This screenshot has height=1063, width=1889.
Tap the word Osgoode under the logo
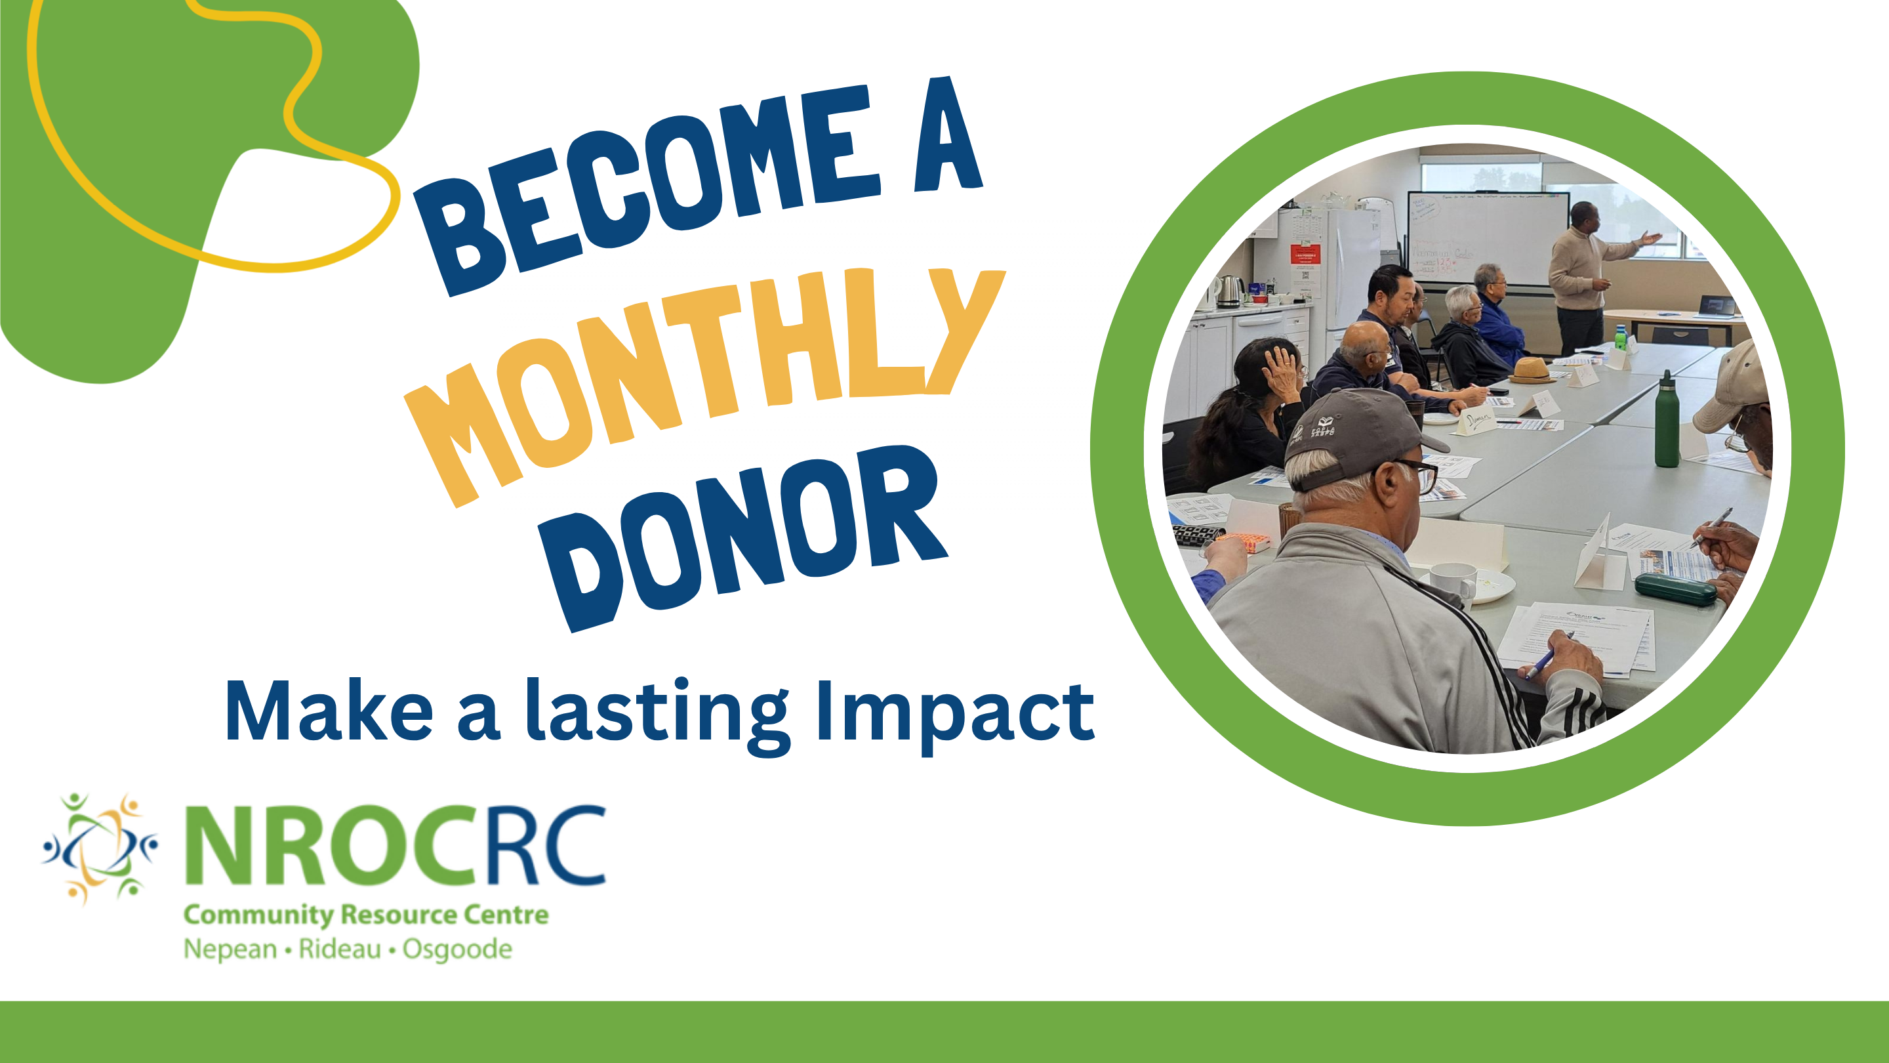tap(458, 950)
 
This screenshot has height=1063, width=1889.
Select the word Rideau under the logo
tap(340, 949)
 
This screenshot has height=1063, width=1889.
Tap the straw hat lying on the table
tap(1530, 371)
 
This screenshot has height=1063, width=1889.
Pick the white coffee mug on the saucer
tap(1453, 580)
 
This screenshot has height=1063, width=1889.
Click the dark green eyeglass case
tap(1676, 589)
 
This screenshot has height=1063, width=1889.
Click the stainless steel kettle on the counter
tap(1229, 291)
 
